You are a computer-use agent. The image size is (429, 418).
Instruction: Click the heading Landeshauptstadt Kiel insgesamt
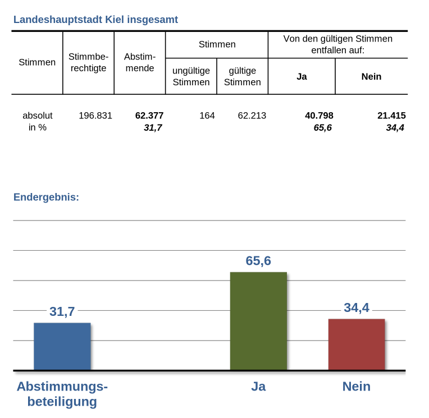(95, 20)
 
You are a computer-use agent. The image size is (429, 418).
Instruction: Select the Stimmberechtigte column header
(88, 62)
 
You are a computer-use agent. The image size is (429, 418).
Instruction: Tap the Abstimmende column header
(139, 62)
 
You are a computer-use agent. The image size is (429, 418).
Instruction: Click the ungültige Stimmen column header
(191, 76)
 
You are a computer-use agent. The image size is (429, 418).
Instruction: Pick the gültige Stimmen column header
(242, 76)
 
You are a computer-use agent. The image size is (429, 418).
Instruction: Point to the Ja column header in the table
(302, 76)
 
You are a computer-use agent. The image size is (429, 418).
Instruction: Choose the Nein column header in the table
(371, 76)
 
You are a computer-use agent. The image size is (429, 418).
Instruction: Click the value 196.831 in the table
(95, 116)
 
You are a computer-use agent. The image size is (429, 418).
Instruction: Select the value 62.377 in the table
(149, 116)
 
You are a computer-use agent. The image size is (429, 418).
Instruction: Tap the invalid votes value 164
(207, 116)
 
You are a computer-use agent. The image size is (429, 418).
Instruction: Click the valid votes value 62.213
(252, 116)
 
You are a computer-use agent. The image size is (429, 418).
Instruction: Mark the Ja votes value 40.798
(319, 116)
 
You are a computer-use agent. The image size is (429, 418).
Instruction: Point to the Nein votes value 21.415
(391, 116)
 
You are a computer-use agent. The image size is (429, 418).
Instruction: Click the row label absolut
(38, 116)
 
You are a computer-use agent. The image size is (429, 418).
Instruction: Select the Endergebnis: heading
(46, 197)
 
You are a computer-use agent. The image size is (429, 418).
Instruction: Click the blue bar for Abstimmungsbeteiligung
(62, 346)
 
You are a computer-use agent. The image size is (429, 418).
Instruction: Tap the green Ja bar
(258, 321)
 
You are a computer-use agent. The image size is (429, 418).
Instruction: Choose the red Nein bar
(357, 344)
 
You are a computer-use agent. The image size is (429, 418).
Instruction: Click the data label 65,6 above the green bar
(258, 261)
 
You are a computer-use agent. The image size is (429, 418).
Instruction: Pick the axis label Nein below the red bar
(357, 387)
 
